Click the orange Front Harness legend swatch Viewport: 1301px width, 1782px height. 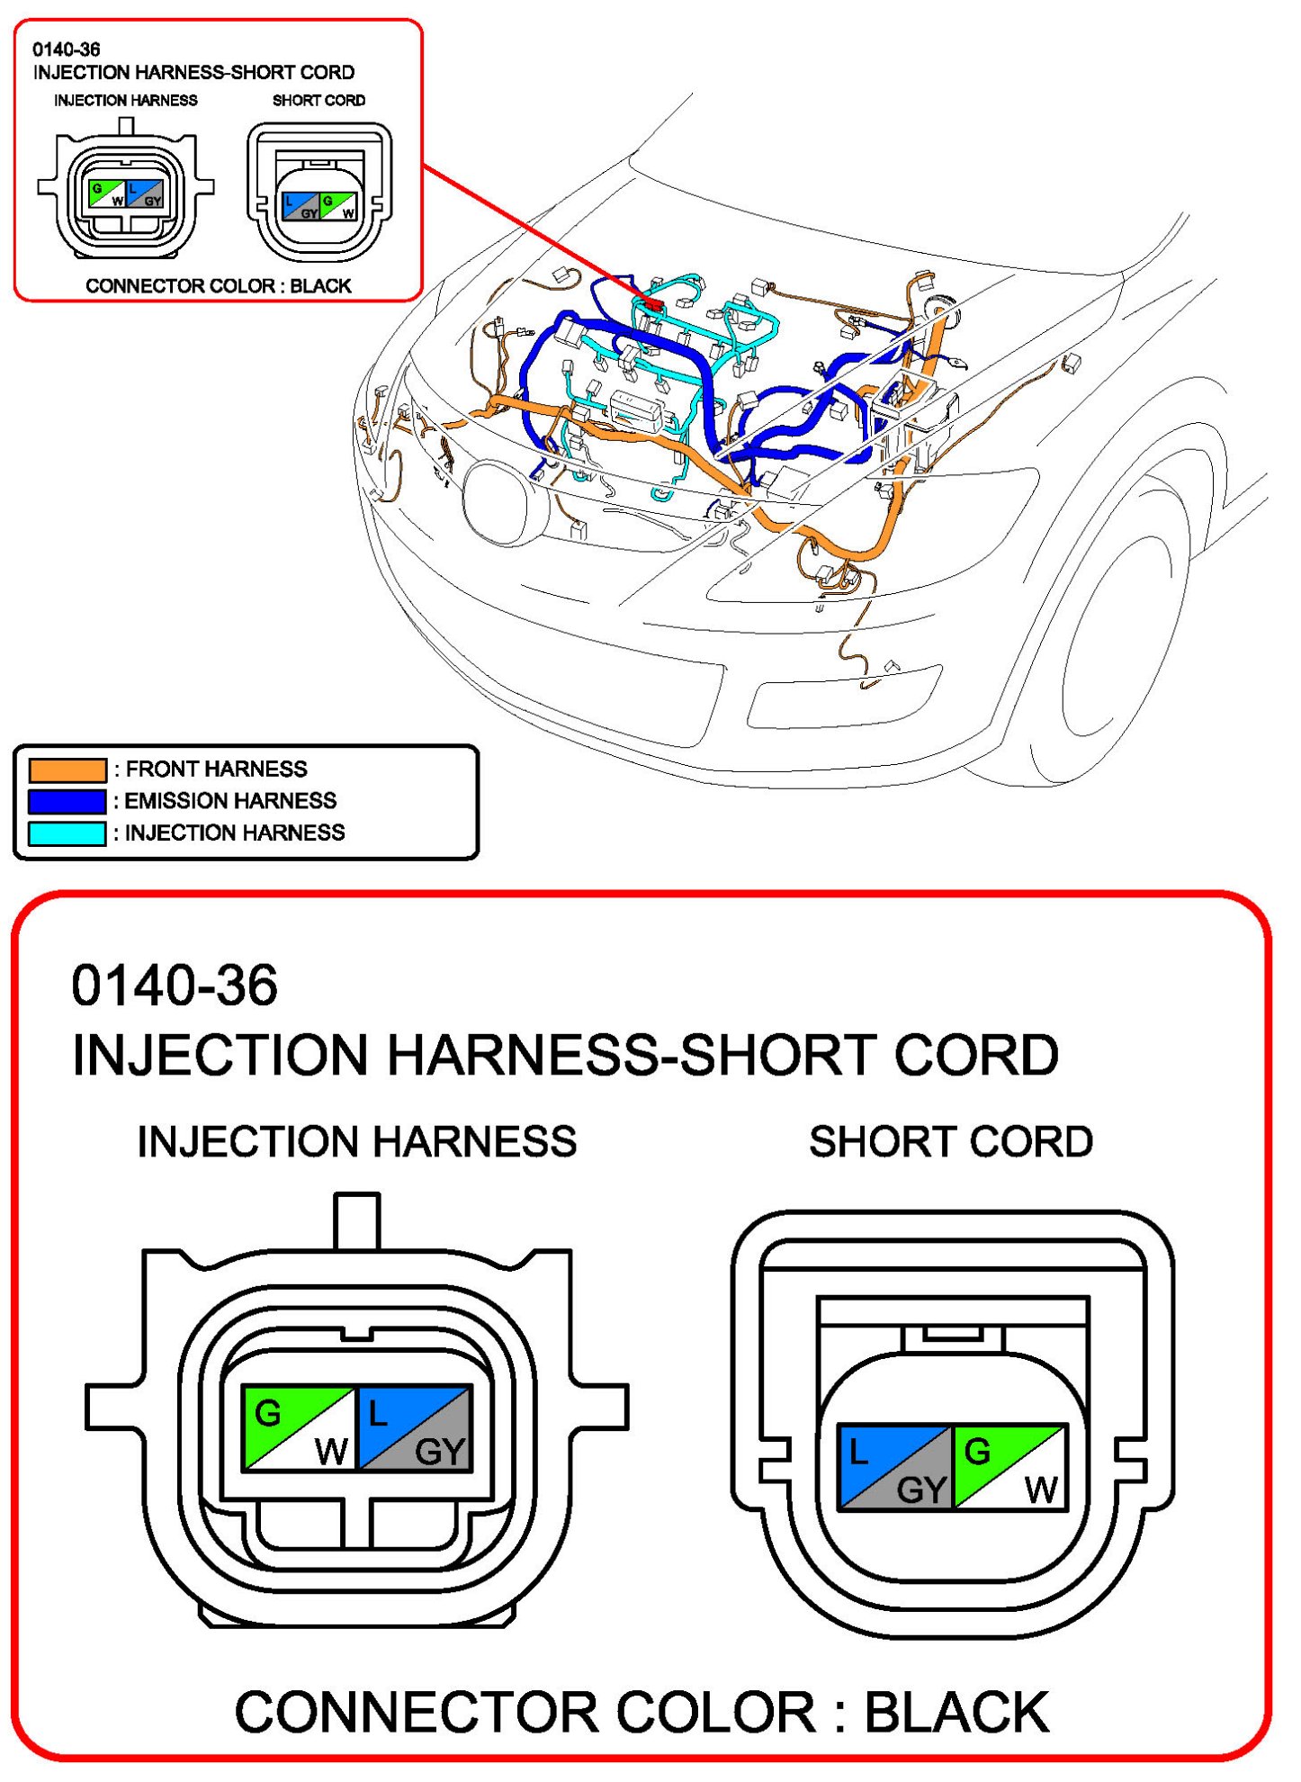[x=67, y=769]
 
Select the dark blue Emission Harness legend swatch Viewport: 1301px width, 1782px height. [x=67, y=801]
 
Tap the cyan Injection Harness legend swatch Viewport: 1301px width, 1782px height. [x=67, y=833]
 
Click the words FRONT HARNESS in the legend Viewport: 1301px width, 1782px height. [x=216, y=769]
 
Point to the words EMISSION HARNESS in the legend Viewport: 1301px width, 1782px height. [x=230, y=801]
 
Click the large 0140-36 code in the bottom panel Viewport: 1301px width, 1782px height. [x=175, y=985]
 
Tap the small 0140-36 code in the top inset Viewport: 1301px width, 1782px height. [x=66, y=49]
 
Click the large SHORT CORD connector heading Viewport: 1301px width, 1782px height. [x=951, y=1142]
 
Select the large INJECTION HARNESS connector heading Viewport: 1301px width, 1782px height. [x=357, y=1142]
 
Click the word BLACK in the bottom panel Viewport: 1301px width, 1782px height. [x=957, y=1712]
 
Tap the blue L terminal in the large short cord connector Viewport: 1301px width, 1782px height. [x=864, y=1451]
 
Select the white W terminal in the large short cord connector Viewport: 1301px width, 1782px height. [x=1039, y=1489]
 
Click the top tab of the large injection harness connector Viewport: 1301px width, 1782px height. [x=356, y=1220]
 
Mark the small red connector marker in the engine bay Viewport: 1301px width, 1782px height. [x=654, y=306]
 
